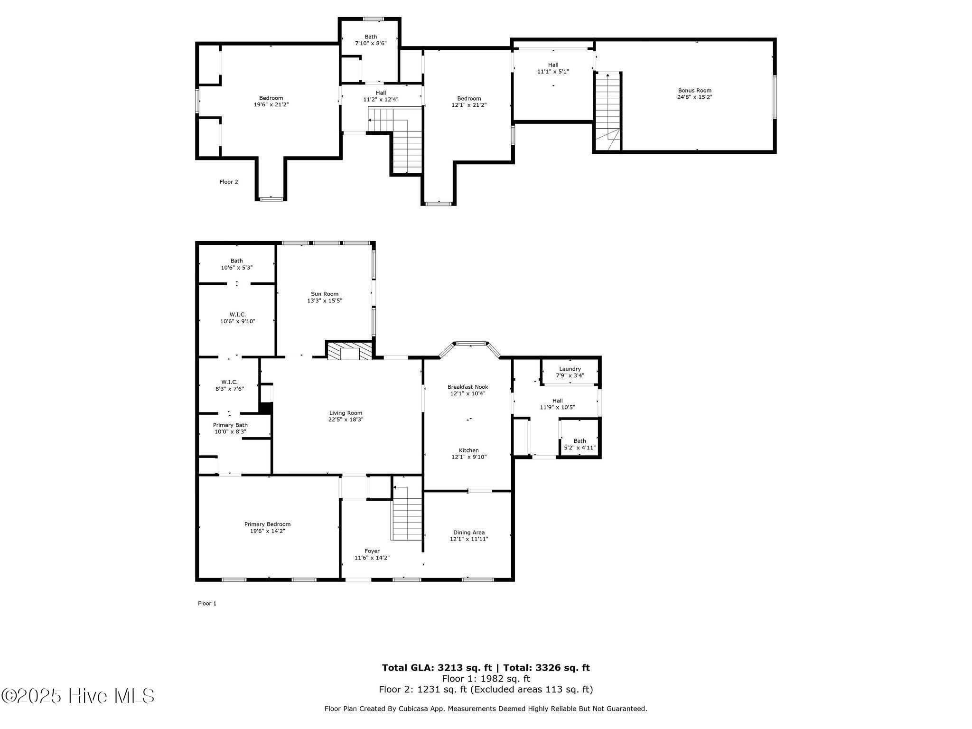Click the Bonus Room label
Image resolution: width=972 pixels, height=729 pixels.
pyautogui.click(x=694, y=91)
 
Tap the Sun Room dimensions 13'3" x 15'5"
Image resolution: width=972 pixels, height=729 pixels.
pyautogui.click(x=325, y=300)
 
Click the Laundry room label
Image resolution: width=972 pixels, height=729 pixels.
pyautogui.click(x=570, y=369)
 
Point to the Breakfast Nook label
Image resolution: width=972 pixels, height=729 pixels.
pyautogui.click(x=467, y=387)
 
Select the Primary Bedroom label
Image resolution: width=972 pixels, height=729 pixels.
pyautogui.click(x=267, y=524)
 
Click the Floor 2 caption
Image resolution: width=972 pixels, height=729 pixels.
pyautogui.click(x=229, y=182)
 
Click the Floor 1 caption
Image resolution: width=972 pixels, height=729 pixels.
pyautogui.click(x=207, y=603)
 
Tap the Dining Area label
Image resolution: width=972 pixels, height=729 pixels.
pyautogui.click(x=469, y=533)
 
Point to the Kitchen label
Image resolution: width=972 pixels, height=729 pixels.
pyautogui.click(x=468, y=450)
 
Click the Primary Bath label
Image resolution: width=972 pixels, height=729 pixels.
pyautogui.click(x=230, y=425)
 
